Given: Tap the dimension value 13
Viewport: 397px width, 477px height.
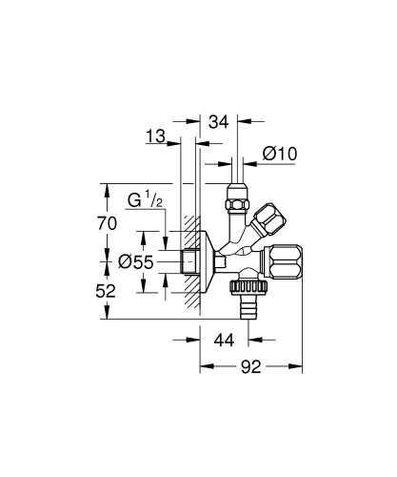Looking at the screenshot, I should (x=157, y=137).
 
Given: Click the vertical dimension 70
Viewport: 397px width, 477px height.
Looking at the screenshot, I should (x=109, y=223).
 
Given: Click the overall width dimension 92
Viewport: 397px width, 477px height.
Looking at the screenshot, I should (x=250, y=365).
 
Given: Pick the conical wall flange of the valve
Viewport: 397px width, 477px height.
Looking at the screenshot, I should (x=205, y=259).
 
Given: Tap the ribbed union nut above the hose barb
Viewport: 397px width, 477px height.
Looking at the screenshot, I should (x=248, y=282).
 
